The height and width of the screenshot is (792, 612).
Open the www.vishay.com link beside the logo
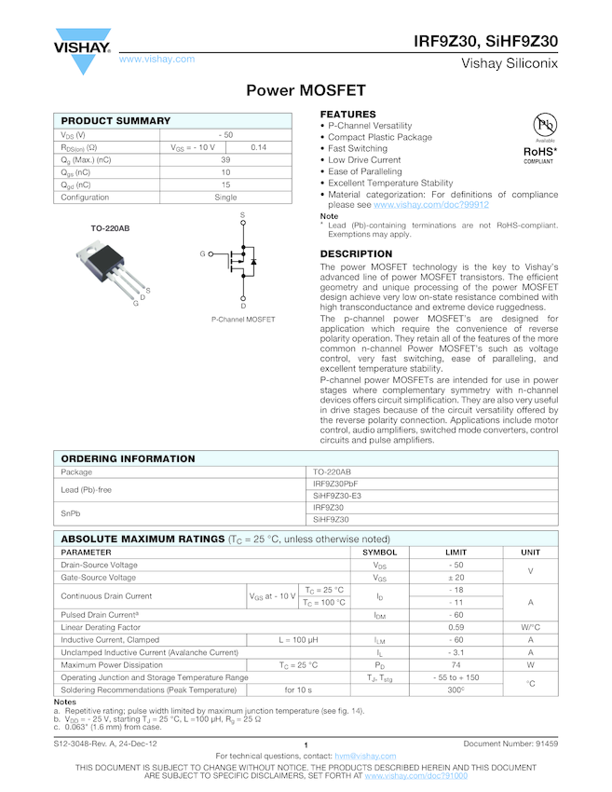coord(156,60)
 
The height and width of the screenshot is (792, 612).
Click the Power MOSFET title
coord(306,91)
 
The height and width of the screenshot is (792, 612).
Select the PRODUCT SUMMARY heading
coord(116,121)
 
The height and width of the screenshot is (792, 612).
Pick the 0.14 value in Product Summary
coord(258,147)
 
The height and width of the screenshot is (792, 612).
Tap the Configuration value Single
coord(225,198)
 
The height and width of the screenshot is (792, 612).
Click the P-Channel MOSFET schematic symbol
coord(242,262)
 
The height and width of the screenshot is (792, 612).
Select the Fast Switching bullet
coord(358,149)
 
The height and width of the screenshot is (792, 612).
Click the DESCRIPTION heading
coord(356,254)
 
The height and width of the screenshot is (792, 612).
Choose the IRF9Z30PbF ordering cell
coord(334,485)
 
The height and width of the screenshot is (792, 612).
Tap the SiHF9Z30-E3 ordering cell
coord(336,496)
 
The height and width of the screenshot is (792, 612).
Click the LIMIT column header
coord(456,553)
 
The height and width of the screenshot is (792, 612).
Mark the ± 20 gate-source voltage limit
coord(456,578)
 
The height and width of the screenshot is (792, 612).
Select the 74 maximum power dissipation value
coord(456,665)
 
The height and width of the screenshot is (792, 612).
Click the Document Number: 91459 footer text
coord(510,744)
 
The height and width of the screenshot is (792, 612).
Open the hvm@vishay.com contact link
coord(365,756)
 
